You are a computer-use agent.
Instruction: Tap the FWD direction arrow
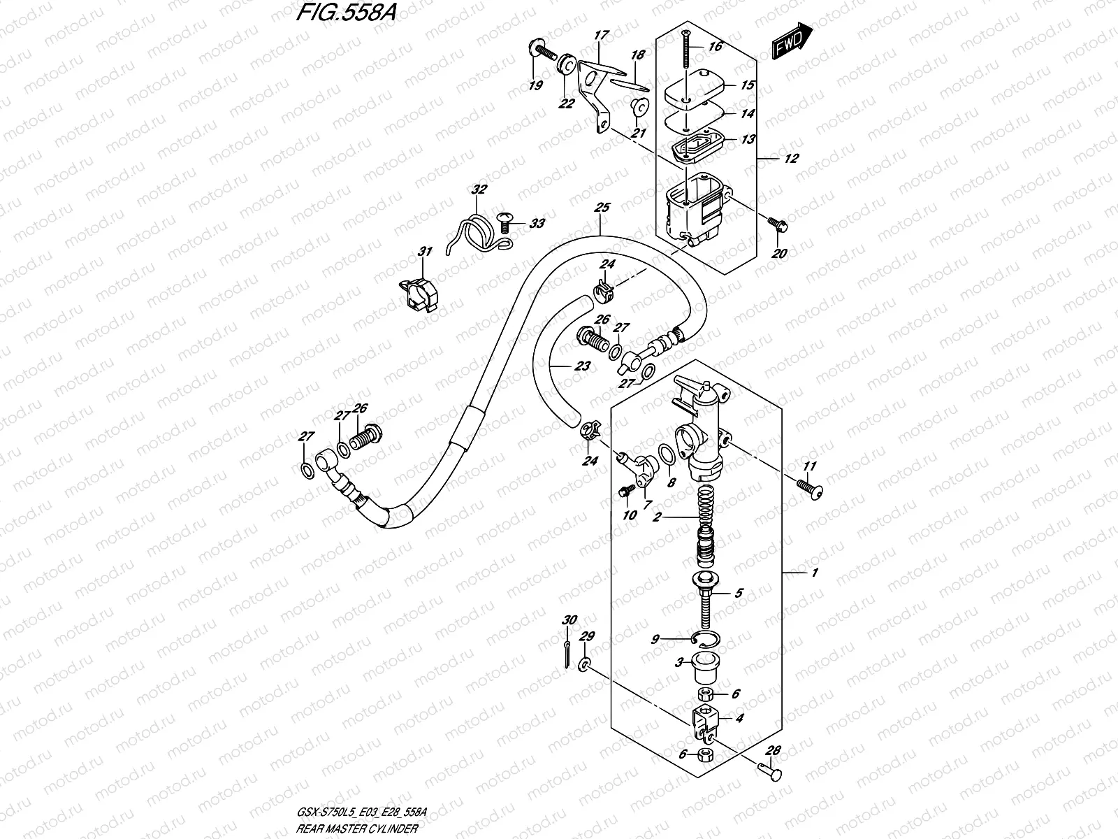[x=792, y=40]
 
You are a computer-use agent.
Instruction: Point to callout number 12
[x=790, y=159]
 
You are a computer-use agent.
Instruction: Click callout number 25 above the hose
[x=602, y=208]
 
